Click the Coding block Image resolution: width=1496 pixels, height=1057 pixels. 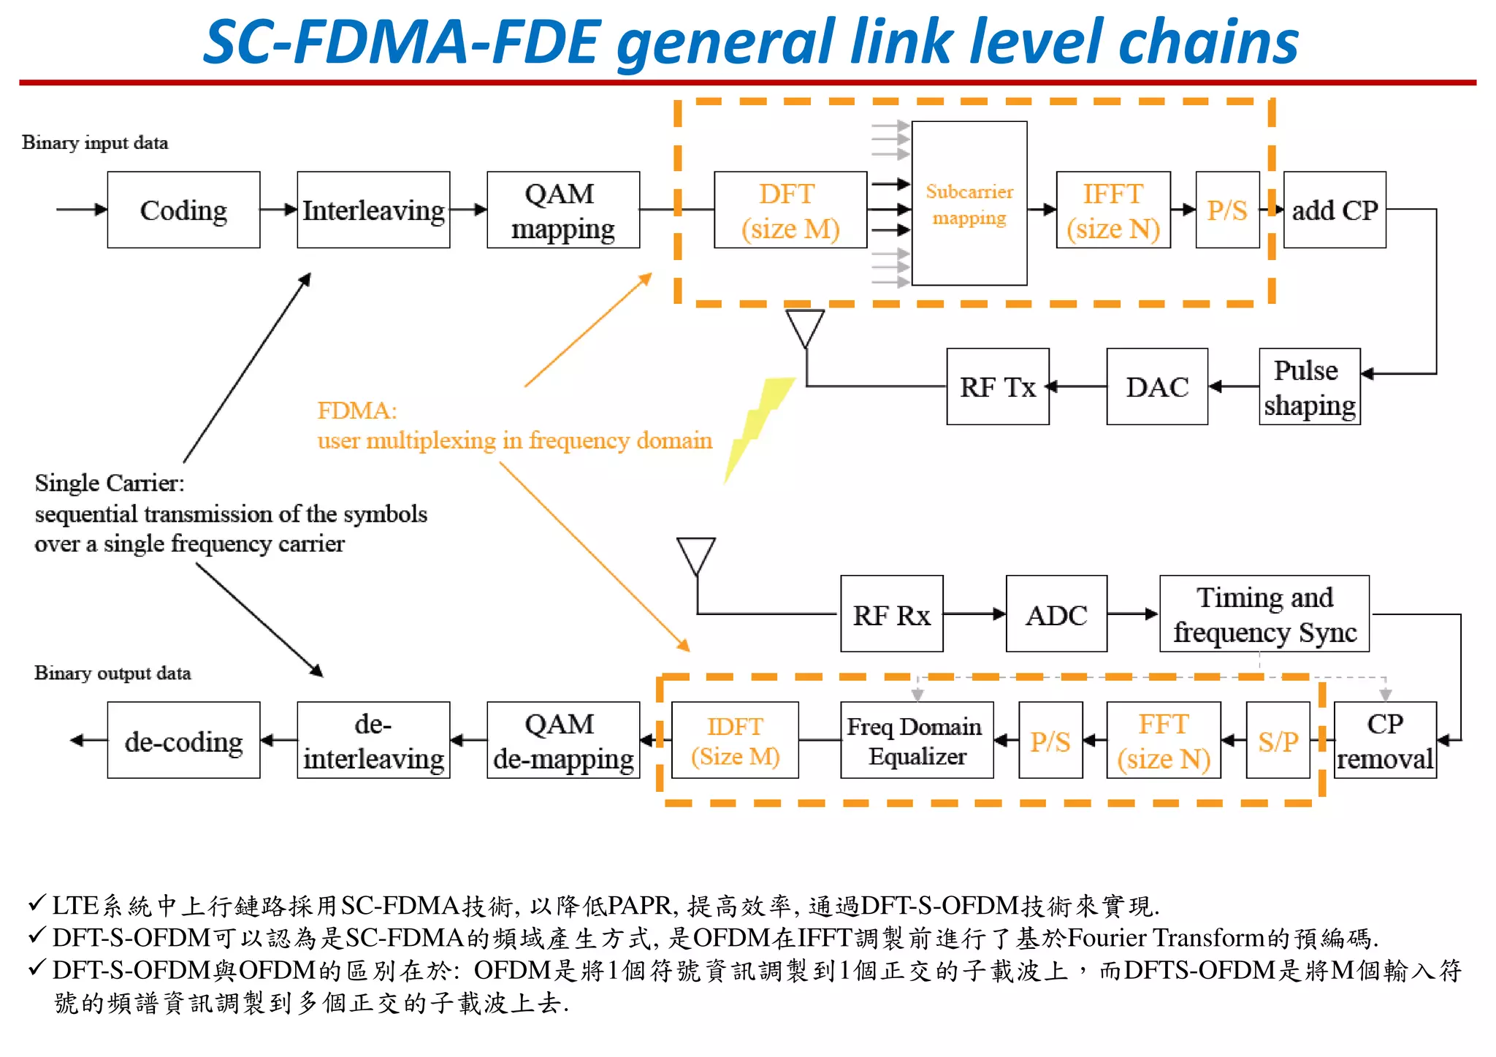pyautogui.click(x=183, y=210)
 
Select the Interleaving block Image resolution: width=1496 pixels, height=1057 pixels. pyautogui.click(x=373, y=210)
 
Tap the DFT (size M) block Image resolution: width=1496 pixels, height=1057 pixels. pyautogui.click(x=790, y=210)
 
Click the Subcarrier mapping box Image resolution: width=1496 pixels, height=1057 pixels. pyautogui.click(x=969, y=204)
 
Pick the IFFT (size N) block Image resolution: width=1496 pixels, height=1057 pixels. pyautogui.click(x=1113, y=210)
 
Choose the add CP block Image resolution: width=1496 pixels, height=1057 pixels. pyautogui.click(x=1335, y=210)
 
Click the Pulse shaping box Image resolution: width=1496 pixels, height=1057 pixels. pyautogui.click(x=1309, y=387)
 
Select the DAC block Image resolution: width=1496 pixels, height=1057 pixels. pyautogui.click(x=1157, y=387)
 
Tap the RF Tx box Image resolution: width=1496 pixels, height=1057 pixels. pyautogui.click(x=998, y=387)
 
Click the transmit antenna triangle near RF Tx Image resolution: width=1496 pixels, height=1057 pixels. pyautogui.click(x=805, y=326)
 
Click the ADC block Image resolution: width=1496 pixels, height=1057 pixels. pyautogui.click(x=1056, y=614)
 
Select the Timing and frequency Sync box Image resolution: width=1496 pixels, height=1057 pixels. pyautogui.click(x=1264, y=614)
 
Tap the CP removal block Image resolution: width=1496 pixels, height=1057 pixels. pyautogui.click(x=1385, y=741)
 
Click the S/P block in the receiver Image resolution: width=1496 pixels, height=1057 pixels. pyautogui.click(x=1278, y=741)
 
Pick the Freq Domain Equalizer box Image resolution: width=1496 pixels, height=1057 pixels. pyautogui.click(x=917, y=741)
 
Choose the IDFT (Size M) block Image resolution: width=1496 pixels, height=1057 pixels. pyautogui.click(x=735, y=741)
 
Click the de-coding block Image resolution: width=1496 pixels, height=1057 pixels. pyautogui.click(x=183, y=741)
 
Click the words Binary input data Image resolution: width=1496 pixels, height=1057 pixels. pyautogui.click(x=95, y=142)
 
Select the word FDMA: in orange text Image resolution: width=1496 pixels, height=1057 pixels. pyautogui.click(x=357, y=411)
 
